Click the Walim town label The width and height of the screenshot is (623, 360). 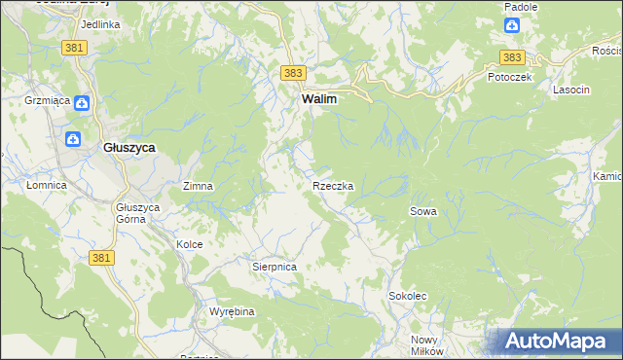pyautogui.click(x=318, y=99)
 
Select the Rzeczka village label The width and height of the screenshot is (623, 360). pyautogui.click(x=332, y=185)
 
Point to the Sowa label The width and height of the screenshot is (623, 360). pyautogui.click(x=422, y=211)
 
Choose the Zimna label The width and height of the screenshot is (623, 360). pyautogui.click(x=198, y=185)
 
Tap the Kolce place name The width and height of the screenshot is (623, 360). pyautogui.click(x=189, y=244)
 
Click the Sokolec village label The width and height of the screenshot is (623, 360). pyautogui.click(x=408, y=295)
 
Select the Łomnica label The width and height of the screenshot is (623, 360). pyautogui.click(x=46, y=185)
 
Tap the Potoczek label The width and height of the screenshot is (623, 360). pyautogui.click(x=509, y=77)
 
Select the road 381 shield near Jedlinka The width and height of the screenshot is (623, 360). pyautogui.click(x=73, y=47)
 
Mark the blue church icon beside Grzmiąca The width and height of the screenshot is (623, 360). pyautogui.click(x=83, y=101)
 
